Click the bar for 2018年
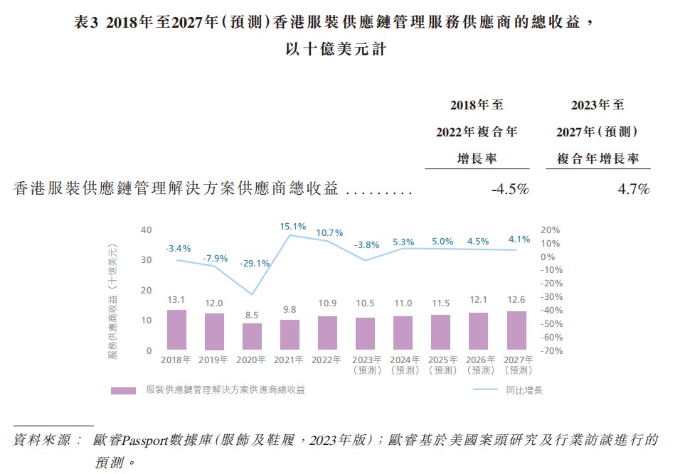[x=176, y=330]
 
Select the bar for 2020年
[x=253, y=336]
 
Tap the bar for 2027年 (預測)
[x=516, y=330]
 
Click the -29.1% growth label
[x=255, y=263]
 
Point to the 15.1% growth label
[x=293, y=227]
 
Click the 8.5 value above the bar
[x=253, y=314]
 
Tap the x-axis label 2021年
[x=290, y=360]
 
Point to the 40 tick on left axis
[x=147, y=230]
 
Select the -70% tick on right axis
[x=552, y=351]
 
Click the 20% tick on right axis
[x=551, y=230]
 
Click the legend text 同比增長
[x=524, y=390]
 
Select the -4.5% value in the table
[x=509, y=189]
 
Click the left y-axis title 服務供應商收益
[x=112, y=301]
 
